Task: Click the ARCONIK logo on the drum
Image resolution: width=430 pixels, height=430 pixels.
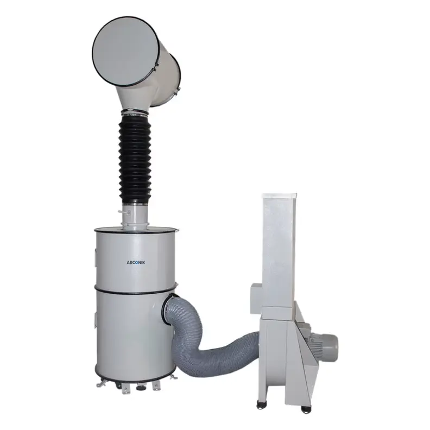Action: pos(136,262)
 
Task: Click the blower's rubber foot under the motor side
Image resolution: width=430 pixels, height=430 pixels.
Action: pos(305,409)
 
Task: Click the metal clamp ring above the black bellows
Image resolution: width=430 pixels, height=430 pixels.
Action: pos(135,111)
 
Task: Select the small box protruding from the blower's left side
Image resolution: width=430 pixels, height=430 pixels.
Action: pos(256,298)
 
